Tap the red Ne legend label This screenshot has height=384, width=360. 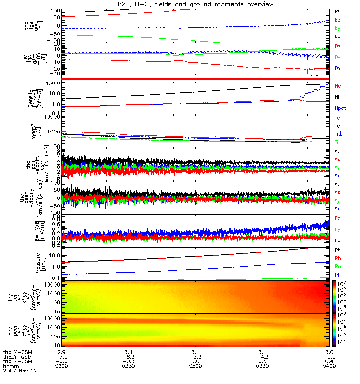point(337,85)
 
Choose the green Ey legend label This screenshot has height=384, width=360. point(337,229)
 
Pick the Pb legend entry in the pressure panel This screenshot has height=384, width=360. point(337,259)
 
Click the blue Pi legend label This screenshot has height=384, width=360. point(337,275)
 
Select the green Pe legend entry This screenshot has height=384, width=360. point(337,267)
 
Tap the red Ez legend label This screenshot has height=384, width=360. point(337,218)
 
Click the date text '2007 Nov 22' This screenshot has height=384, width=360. point(20,371)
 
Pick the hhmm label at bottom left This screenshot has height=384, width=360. point(10,366)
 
